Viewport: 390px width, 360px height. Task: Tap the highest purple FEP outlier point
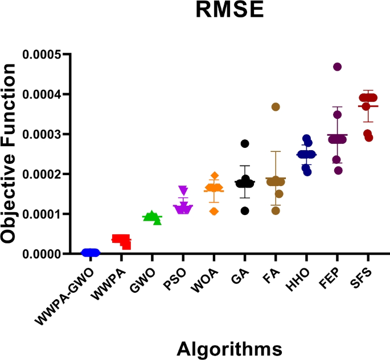click(x=337, y=67)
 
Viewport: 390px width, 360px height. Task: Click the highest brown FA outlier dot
click(x=276, y=107)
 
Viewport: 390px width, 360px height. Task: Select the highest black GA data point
click(x=245, y=144)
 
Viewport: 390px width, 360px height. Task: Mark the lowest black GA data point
click(x=245, y=211)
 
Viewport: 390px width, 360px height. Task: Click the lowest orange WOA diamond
click(x=214, y=211)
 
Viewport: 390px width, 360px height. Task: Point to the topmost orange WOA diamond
click(x=214, y=176)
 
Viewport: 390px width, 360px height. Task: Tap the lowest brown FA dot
click(x=276, y=210)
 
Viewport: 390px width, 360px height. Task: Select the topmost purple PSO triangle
click(x=183, y=189)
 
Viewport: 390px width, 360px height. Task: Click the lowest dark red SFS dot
click(x=369, y=138)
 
